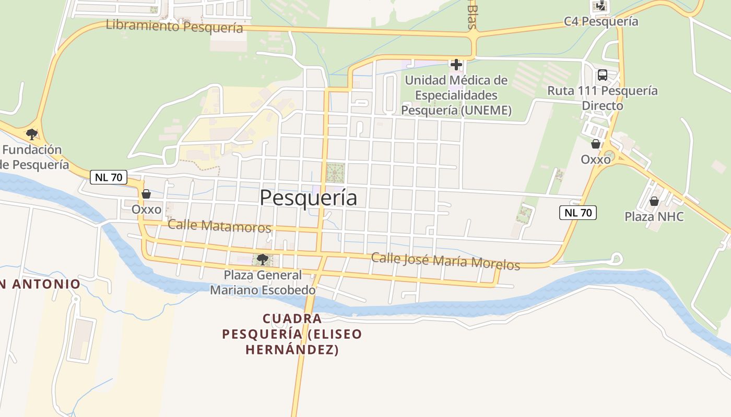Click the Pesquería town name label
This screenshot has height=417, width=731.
click(x=308, y=198)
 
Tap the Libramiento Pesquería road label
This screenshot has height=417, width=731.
click(x=174, y=26)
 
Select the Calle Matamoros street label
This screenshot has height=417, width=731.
click(x=219, y=226)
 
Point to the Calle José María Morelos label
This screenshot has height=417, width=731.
click(x=445, y=261)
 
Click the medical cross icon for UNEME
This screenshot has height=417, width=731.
click(x=456, y=65)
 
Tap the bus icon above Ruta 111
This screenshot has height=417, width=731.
click(x=602, y=75)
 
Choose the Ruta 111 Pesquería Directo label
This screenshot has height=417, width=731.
click(x=602, y=98)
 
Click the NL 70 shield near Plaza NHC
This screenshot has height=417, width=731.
click(x=577, y=213)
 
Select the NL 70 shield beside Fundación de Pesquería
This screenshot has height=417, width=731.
click(x=109, y=177)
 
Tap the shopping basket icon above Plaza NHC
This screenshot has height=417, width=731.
click(x=654, y=201)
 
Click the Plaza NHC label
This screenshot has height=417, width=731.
click(x=654, y=216)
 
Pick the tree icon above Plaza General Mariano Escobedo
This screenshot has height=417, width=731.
click(x=262, y=259)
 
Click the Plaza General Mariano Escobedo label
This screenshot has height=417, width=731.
click(x=263, y=282)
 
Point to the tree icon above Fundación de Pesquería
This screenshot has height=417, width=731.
click(x=32, y=134)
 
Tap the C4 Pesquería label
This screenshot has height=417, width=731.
click(x=601, y=21)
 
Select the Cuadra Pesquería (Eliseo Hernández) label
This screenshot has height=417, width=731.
click(x=292, y=334)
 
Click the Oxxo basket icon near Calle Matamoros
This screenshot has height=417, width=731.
click(x=146, y=194)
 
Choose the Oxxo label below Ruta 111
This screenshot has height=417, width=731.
click(x=596, y=160)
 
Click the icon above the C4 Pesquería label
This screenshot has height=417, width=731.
click(x=601, y=6)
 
